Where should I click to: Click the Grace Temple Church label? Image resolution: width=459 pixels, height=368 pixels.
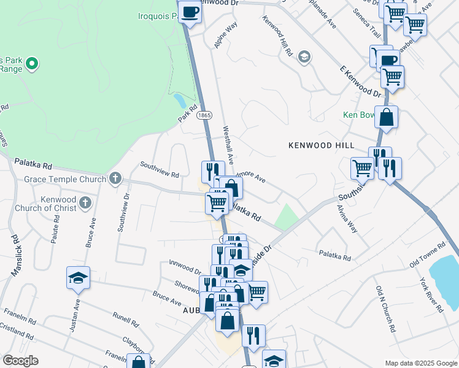pos(65,179)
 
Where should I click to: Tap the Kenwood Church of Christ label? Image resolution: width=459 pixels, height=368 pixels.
pos(58,204)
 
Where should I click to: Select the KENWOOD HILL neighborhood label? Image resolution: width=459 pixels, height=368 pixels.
pos(322,145)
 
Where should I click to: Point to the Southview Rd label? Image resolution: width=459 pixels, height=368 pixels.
pos(159,169)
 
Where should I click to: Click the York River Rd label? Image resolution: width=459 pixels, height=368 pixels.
pos(431,296)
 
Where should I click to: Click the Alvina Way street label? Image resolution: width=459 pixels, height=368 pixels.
pos(346,217)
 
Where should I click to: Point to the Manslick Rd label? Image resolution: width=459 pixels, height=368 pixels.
pos(17,251)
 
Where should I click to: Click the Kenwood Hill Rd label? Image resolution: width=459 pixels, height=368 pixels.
pos(277,36)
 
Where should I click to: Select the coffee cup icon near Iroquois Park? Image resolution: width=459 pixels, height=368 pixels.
pos(190,12)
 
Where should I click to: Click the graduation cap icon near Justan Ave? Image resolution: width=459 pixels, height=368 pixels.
pos(79,278)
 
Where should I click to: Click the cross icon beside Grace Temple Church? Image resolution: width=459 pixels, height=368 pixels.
pos(115,179)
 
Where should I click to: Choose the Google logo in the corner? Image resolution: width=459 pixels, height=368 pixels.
pos(20,361)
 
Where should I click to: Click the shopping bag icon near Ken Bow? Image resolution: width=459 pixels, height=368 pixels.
pos(387,117)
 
